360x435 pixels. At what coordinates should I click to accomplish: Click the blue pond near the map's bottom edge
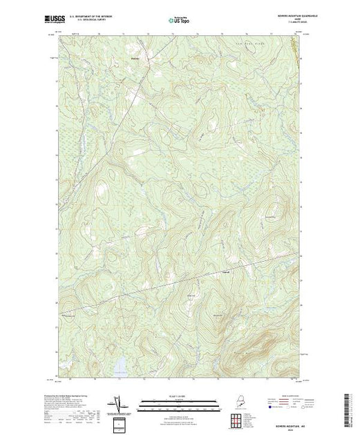(122, 362)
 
